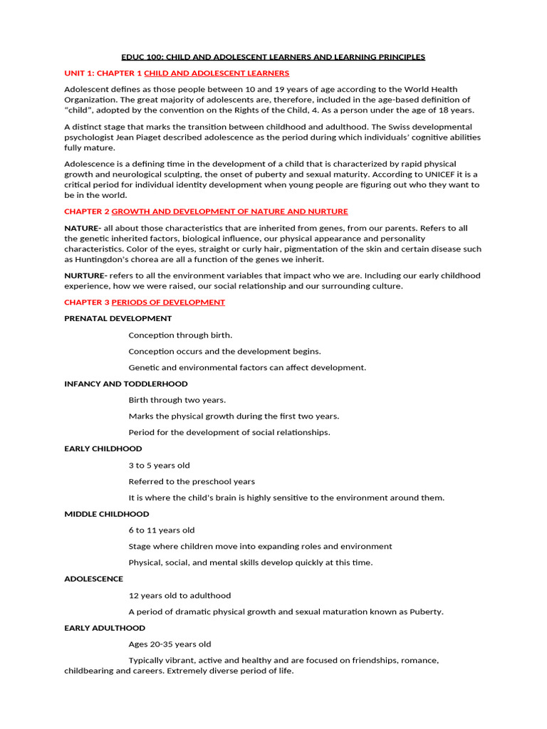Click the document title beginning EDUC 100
[273, 57]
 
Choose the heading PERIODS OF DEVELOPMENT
[168, 303]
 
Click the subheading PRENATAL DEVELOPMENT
[118, 319]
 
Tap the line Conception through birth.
[180, 335]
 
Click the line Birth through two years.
[177, 400]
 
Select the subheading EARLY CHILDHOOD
[103, 449]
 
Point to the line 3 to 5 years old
[159, 466]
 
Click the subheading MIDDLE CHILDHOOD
[107, 514]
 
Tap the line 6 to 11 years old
[162, 530]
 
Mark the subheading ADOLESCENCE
[93, 579]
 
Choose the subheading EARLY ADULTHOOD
[105, 628]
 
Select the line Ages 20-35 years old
[170, 644]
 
